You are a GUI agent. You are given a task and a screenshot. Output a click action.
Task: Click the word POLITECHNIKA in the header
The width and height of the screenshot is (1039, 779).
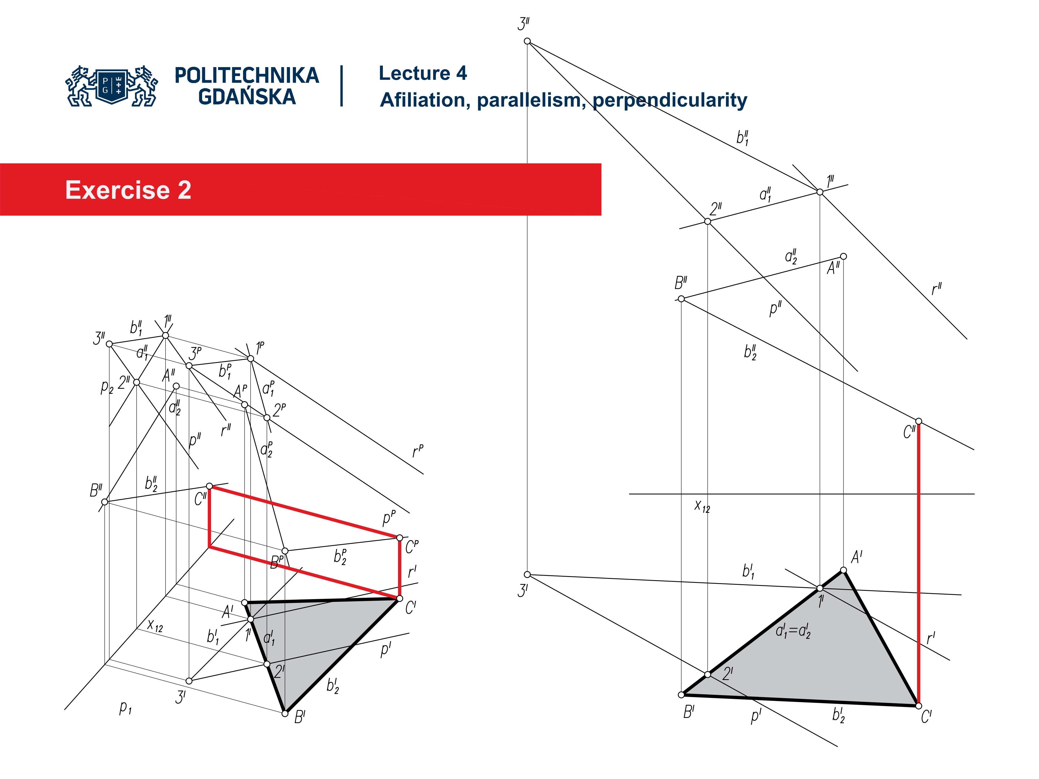coord(246,75)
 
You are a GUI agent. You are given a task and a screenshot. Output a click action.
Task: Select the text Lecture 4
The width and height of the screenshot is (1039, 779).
coord(422,73)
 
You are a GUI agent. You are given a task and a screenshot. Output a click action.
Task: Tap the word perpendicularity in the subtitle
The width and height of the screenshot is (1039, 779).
coord(669,100)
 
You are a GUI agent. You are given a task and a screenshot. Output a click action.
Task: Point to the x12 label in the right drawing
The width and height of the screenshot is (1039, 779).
coord(702,506)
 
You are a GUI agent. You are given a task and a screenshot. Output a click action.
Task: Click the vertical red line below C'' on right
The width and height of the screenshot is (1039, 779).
coord(918,563)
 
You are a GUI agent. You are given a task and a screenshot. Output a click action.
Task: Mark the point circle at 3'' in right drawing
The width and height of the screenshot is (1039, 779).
coord(527,41)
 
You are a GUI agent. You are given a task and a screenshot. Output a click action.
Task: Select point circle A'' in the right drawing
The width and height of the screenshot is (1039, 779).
coord(843,256)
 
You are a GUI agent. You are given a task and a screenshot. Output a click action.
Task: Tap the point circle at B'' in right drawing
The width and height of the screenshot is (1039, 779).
coord(681,299)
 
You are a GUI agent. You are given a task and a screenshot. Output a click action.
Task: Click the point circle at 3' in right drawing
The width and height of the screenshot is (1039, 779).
coord(527,574)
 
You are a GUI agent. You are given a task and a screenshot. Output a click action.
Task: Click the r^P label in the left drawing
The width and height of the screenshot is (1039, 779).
coord(417,451)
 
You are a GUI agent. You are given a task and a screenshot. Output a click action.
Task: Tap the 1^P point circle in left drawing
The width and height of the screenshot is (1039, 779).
coord(250,359)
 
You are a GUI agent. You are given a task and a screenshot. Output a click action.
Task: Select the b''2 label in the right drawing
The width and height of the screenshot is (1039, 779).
coord(750,352)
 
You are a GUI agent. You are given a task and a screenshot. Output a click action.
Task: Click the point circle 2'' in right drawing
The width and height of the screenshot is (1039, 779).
coord(707,222)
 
